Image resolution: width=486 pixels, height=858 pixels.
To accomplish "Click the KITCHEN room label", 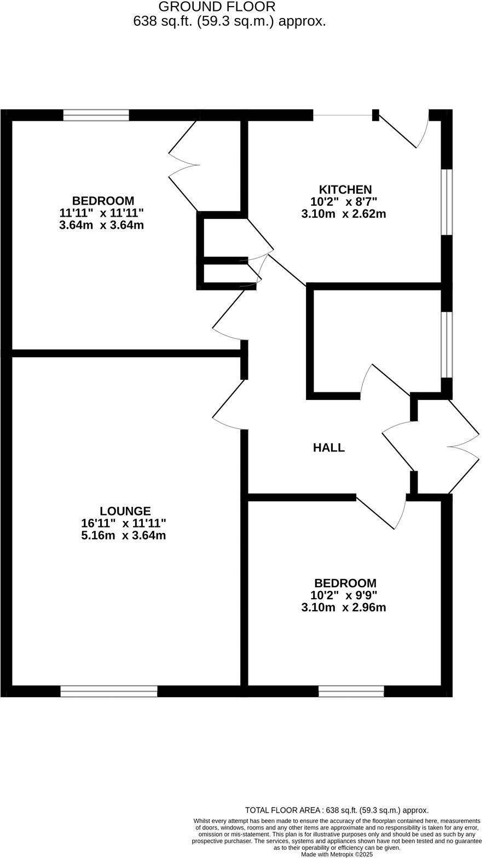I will (x=345, y=190).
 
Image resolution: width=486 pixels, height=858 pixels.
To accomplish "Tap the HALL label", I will (x=329, y=448).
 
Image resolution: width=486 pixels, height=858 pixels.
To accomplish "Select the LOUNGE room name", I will (x=125, y=512).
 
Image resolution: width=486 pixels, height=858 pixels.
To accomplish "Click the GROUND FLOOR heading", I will (x=217, y=7).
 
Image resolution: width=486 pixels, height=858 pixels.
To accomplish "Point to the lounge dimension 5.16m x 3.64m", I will (x=124, y=536).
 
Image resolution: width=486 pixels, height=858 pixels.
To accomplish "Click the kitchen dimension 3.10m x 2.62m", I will (x=344, y=214).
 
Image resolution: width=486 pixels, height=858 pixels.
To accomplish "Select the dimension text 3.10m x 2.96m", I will (x=344, y=607).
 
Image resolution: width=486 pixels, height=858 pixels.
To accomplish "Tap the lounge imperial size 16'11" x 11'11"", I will (x=124, y=524).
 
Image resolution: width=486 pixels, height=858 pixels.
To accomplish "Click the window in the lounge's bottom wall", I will (x=109, y=691).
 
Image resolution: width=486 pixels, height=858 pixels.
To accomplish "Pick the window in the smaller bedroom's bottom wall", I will (x=351, y=691).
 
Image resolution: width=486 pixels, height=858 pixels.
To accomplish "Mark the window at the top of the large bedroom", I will (x=96, y=115).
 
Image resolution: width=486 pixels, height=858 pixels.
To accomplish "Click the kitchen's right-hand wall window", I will (x=447, y=202).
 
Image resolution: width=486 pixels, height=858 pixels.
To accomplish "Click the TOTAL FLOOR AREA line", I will (x=337, y=810).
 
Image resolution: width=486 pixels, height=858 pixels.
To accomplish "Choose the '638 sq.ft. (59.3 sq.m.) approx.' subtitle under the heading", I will (x=229, y=21).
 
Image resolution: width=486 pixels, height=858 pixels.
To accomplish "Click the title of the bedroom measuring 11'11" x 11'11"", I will (x=103, y=201).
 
